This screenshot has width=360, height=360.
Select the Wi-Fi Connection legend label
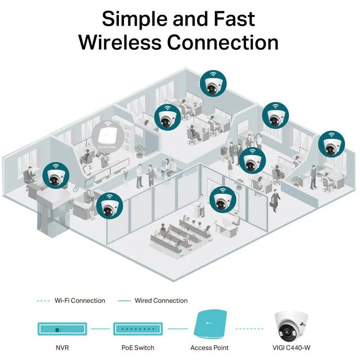coord(80,300)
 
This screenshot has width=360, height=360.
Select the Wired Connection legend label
coord(160,300)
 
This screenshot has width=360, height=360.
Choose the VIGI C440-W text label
coord(294,348)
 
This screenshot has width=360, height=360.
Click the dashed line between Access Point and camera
coord(250,327)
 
